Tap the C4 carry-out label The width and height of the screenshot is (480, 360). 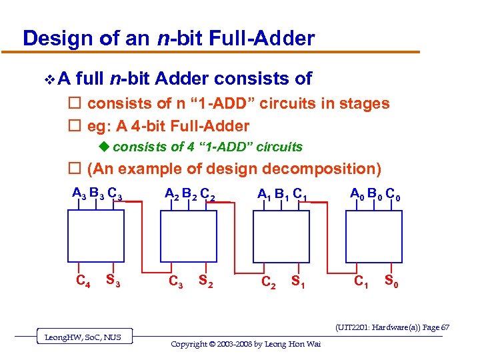pos(83,281)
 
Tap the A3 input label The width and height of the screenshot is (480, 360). pos(79,194)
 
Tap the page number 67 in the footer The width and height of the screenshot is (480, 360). pos(445,327)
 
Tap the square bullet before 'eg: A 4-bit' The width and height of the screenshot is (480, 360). pos(75,126)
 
